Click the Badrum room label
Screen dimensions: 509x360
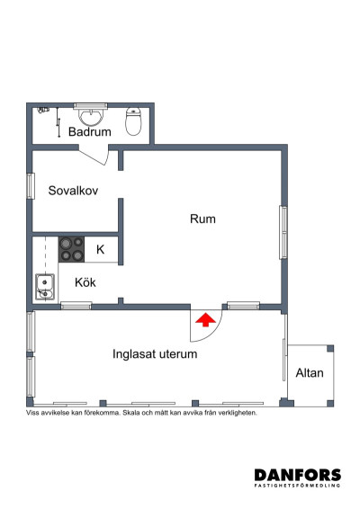90,132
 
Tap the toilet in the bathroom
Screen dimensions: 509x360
134,121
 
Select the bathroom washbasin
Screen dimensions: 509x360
90,116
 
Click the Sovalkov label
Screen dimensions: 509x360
73,191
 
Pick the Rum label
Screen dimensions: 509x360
202,219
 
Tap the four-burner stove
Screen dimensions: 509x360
72,248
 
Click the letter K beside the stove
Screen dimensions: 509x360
100,249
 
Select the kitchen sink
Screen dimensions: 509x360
45,287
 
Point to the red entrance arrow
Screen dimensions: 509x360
205,318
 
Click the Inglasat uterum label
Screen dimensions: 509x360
155,354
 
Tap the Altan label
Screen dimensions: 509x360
310,372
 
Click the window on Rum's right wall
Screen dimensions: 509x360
283,232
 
